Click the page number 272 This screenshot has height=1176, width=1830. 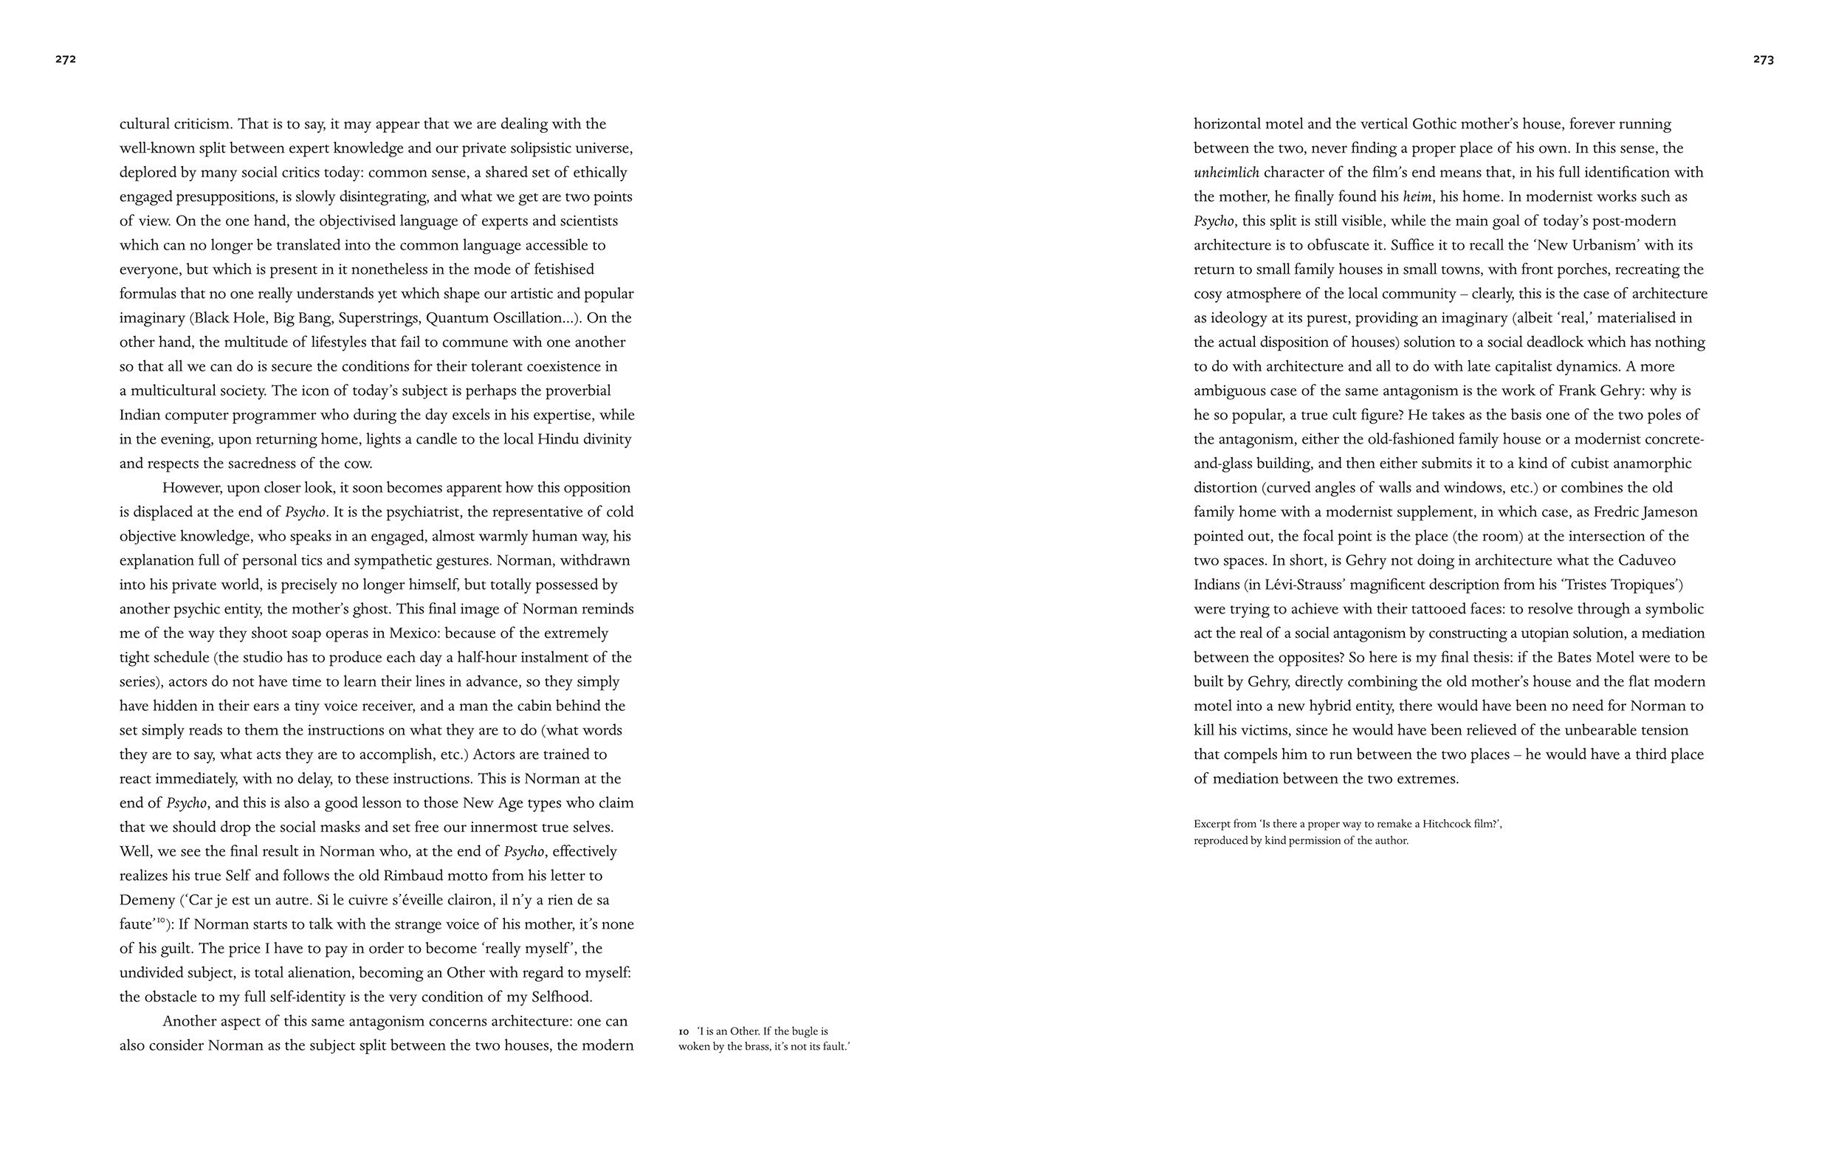pyautogui.click(x=66, y=60)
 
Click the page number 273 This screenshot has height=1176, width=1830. pyautogui.click(x=1764, y=60)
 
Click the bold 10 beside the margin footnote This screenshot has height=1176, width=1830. pyautogui.click(x=684, y=1031)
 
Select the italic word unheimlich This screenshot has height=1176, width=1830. pyautogui.click(x=1226, y=173)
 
